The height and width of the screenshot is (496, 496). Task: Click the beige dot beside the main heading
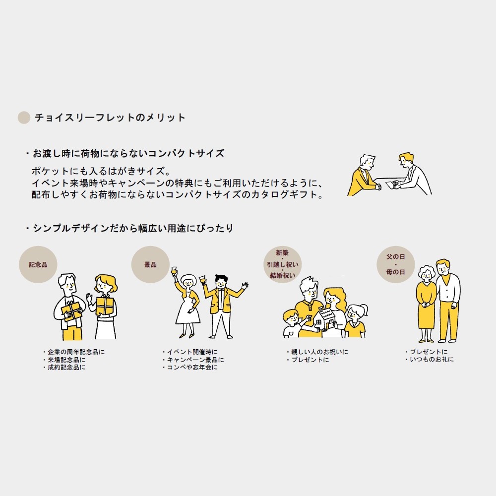coord(24,118)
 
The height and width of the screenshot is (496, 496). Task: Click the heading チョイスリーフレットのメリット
coord(110,118)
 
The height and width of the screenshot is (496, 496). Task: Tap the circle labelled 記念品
coord(38,264)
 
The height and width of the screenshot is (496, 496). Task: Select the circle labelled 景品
coord(150,264)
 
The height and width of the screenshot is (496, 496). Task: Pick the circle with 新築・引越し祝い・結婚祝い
coord(282,263)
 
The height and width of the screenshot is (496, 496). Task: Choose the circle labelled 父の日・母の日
coord(395,264)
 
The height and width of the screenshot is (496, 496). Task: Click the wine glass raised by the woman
coord(174,271)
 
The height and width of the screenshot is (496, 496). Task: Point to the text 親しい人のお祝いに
coord(318,352)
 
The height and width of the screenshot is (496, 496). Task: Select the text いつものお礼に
coord(430,360)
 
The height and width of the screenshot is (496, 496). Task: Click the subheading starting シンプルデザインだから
coord(130,229)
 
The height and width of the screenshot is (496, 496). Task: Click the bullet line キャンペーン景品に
coord(194,360)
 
